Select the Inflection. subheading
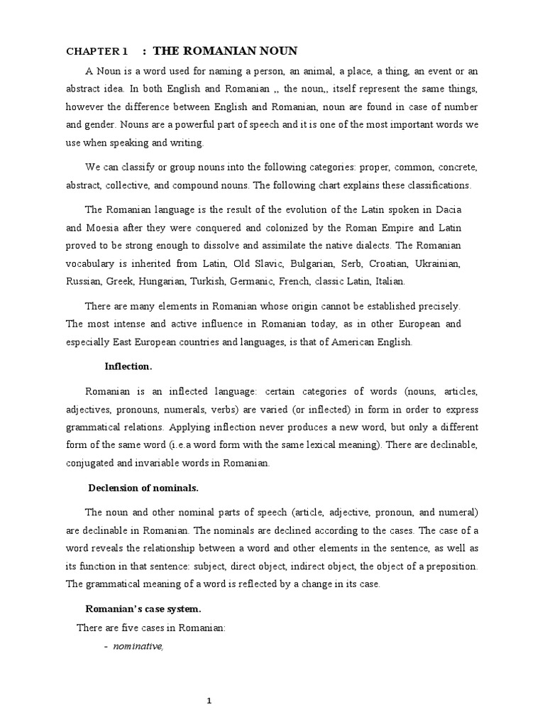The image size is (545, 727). tap(128, 366)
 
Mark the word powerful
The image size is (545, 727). tap(204, 124)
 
